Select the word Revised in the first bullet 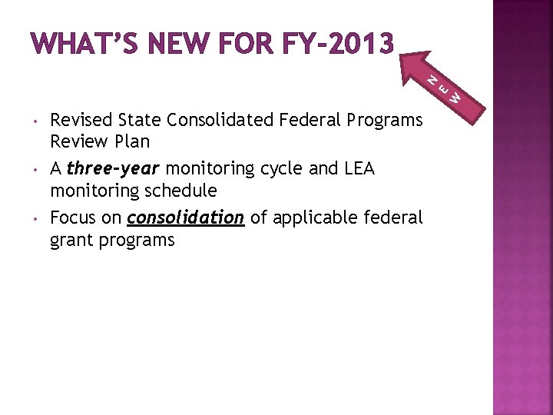[x=80, y=120]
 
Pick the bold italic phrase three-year [x=114, y=168]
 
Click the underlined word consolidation [x=186, y=217]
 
